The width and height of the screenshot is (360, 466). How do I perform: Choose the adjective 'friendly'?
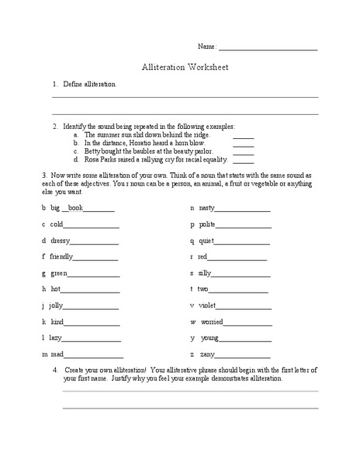(61, 256)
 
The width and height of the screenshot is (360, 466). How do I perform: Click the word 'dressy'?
(61, 241)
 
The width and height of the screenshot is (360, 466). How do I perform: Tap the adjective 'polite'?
(207, 224)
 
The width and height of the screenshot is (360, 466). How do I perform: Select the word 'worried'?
(212, 321)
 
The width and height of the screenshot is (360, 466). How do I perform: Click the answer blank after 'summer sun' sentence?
(243, 134)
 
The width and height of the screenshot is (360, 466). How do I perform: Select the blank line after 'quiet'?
(243, 241)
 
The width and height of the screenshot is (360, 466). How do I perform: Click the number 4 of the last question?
(54, 370)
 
